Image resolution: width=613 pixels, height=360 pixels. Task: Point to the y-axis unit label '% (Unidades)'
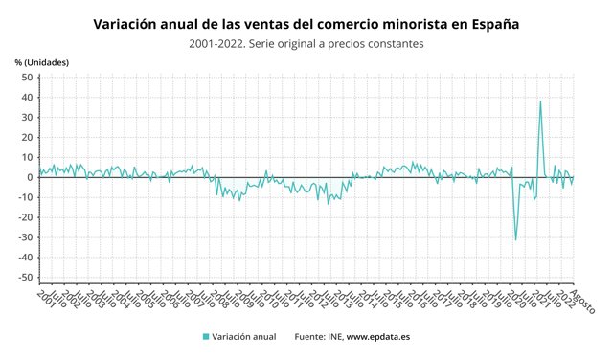(41, 62)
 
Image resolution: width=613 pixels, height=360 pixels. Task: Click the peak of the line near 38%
(540, 101)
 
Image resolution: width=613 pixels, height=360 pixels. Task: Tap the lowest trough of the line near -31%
(515, 239)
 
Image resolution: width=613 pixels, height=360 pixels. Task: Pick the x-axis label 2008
(218, 297)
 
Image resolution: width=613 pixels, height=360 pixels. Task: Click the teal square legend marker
(205, 337)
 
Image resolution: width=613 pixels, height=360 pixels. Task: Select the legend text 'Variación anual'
(244, 337)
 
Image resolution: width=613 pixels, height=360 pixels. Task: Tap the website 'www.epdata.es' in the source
(377, 337)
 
